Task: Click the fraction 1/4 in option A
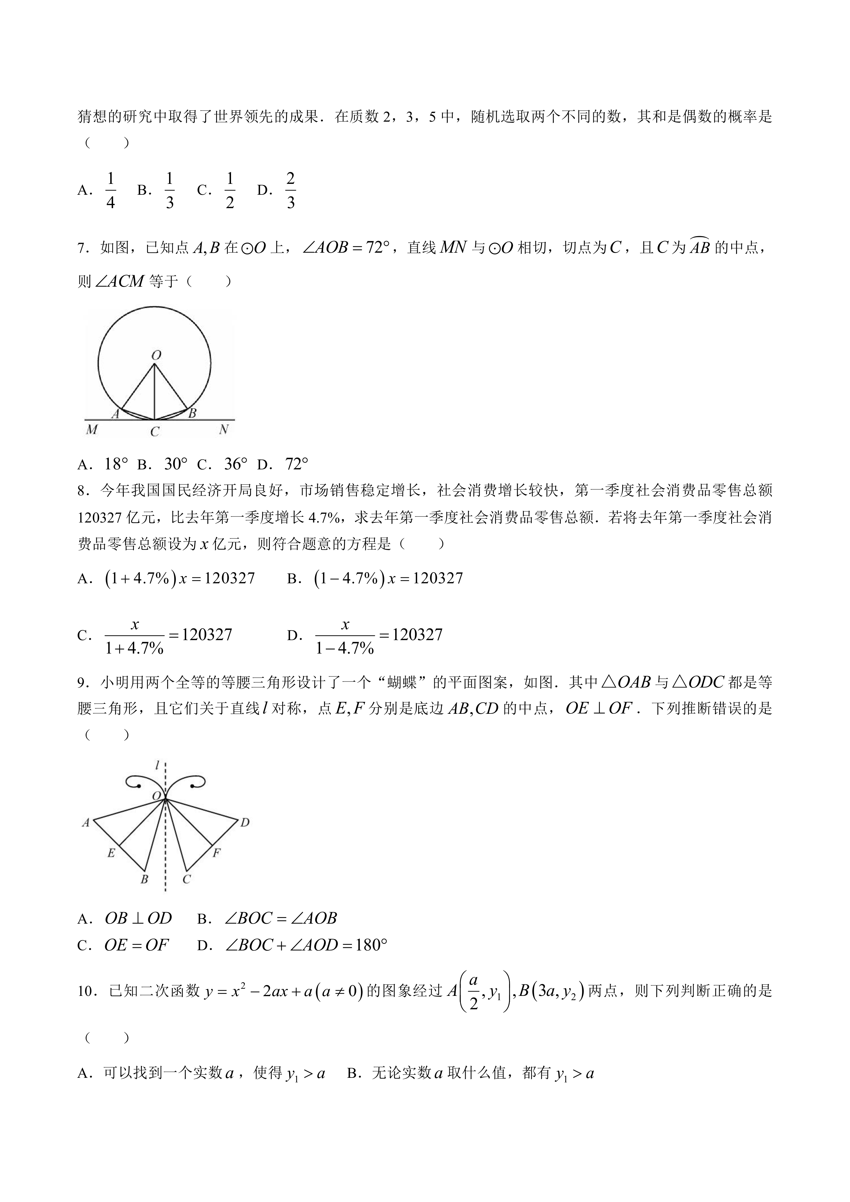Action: pyautogui.click(x=110, y=190)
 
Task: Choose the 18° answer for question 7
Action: pyautogui.click(x=116, y=464)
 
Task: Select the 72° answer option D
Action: pyautogui.click(x=297, y=464)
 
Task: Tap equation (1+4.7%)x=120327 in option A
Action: pyautogui.click(x=180, y=578)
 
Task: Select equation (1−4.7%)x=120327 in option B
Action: pyautogui.click(x=388, y=578)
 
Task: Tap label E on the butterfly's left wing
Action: pyautogui.click(x=111, y=853)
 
